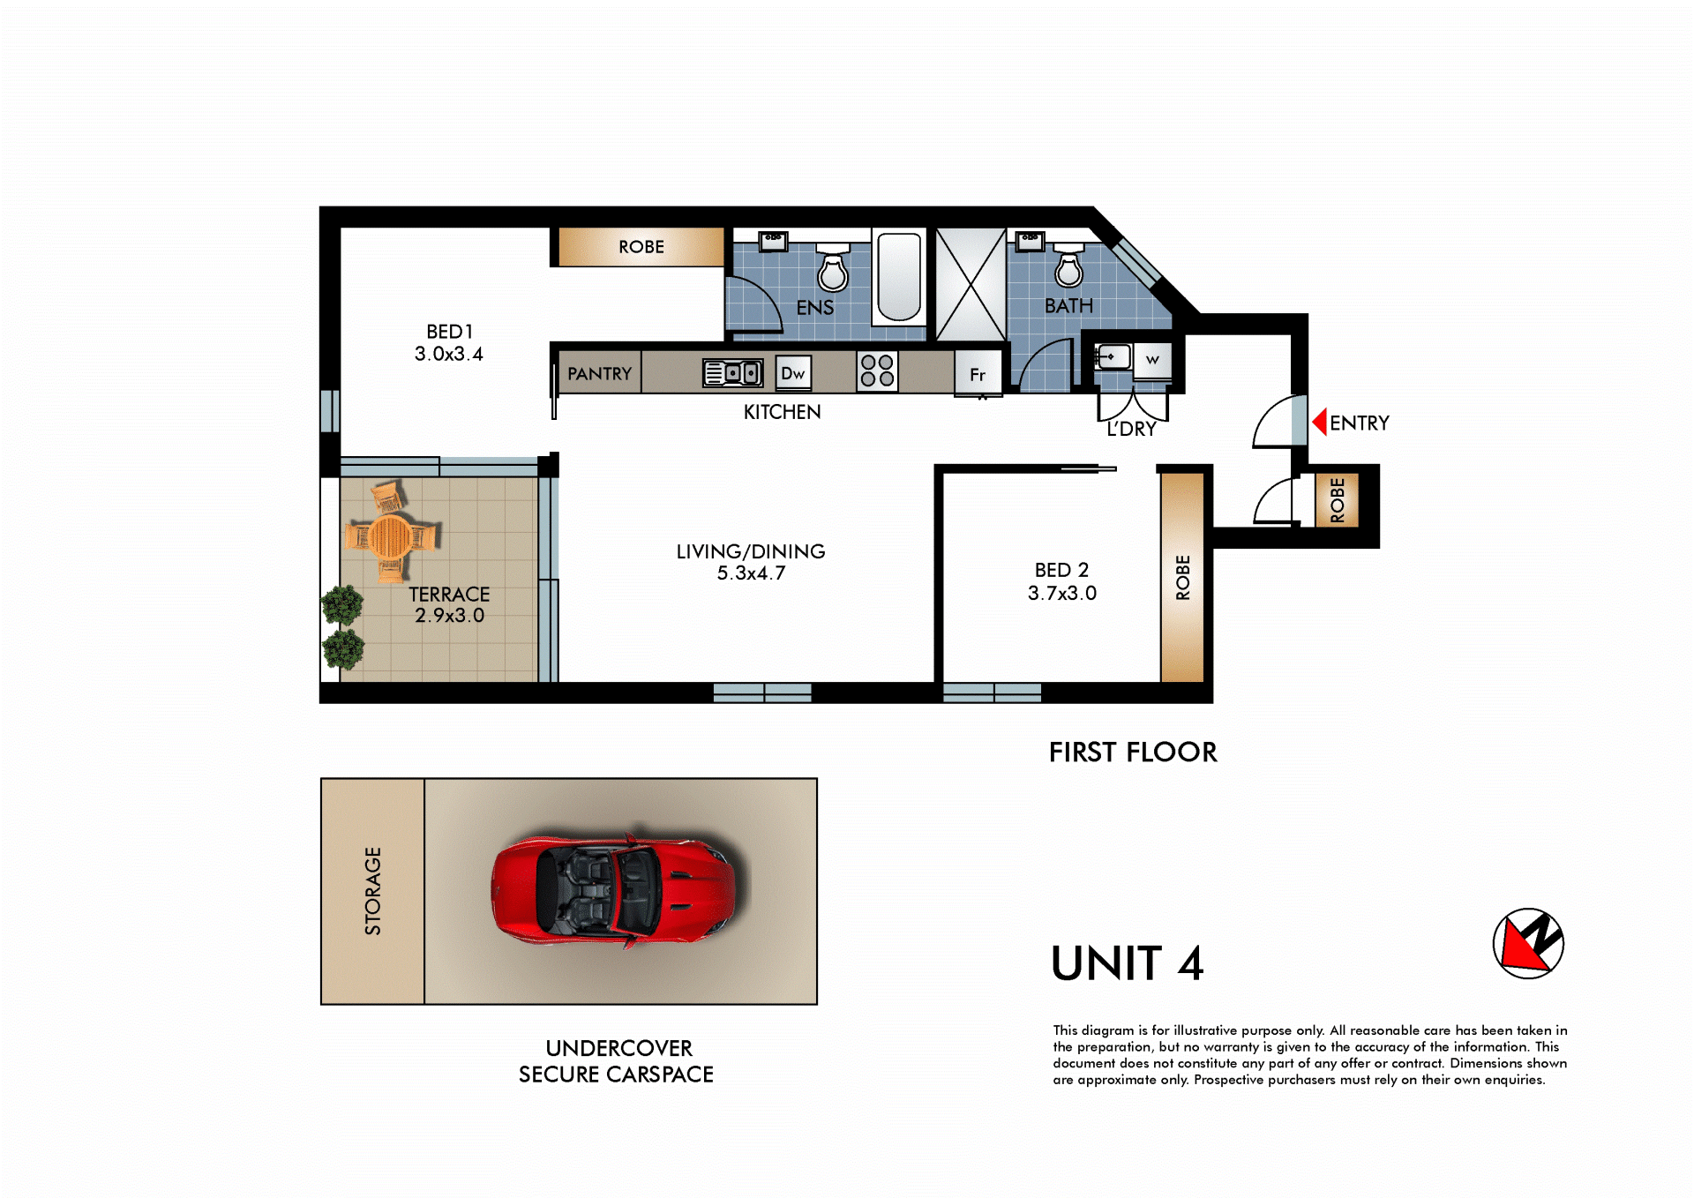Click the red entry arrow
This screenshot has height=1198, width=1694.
[x=1320, y=422]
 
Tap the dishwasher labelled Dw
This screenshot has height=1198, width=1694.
[x=792, y=373]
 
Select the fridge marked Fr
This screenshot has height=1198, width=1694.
[x=978, y=374]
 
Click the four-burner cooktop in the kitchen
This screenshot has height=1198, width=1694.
[x=877, y=371]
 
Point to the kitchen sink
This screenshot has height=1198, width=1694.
[x=732, y=373]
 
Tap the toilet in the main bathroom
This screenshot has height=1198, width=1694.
[x=1068, y=265]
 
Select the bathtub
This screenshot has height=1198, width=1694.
[x=899, y=277]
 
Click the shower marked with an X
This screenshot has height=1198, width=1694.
[x=971, y=284]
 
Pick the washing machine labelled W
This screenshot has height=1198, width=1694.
[x=1151, y=360]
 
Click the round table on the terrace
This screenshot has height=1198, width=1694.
[x=390, y=536]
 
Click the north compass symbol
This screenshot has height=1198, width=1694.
[x=1528, y=943]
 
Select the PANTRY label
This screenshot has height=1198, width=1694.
[x=599, y=374]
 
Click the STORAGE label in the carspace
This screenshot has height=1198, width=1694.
[x=373, y=891]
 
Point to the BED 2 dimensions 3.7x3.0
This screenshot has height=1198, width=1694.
[x=1062, y=593]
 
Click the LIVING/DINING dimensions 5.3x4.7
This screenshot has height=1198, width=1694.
[x=751, y=573]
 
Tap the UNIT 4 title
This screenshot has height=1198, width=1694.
[x=1128, y=962]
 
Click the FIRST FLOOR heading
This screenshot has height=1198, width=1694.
[x=1133, y=752]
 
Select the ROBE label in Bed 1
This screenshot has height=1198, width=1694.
[x=641, y=247]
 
